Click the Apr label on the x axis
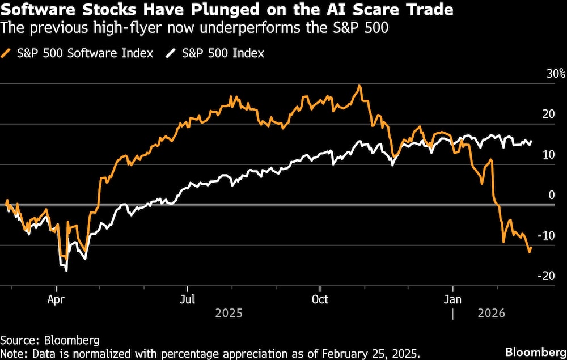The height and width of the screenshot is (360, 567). coord(56,299)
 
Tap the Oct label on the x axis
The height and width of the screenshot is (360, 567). coord(320,299)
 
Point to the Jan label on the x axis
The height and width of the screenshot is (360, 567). coord(452,299)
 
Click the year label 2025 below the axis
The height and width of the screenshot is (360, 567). coord(229,313)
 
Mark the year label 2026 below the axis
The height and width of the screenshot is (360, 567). coord(493,313)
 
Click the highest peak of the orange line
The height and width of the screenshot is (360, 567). coord(359,86)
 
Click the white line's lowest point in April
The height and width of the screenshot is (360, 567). coord(66,270)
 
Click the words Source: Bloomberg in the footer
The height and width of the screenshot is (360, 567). coord(50,340)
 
